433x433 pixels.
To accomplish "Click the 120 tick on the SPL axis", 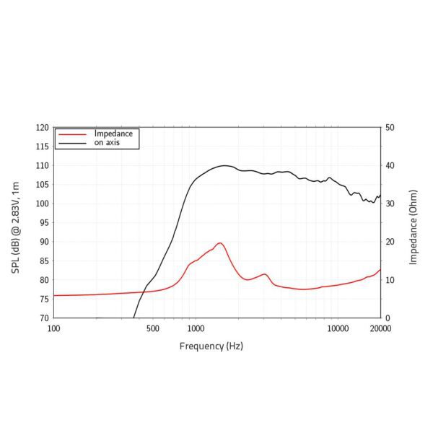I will coord(43,128).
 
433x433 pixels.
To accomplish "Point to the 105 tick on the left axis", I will coord(43,185).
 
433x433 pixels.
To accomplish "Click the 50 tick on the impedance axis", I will coord(390,128).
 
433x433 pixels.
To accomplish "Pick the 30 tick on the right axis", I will coord(390,204).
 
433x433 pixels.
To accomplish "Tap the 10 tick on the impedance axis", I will coord(390,280).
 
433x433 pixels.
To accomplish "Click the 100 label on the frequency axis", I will coord(54,329).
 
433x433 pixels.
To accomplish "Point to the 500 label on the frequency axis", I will coord(152,329).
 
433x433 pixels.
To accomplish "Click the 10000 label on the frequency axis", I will coord(338,329).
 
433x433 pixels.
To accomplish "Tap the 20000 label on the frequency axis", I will coord(380,329).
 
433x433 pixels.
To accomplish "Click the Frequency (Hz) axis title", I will coord(211,346).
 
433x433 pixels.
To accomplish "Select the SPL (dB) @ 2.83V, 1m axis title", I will coord(16,222).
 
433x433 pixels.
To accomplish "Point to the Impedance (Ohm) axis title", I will coord(414,222).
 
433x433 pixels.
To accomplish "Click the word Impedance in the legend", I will coord(113,134).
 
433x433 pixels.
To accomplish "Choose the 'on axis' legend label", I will coord(107,143).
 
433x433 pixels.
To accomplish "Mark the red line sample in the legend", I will coord(72,135).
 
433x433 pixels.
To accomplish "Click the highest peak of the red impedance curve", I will coord(219,243).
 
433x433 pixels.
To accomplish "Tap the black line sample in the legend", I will coord(72,144).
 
